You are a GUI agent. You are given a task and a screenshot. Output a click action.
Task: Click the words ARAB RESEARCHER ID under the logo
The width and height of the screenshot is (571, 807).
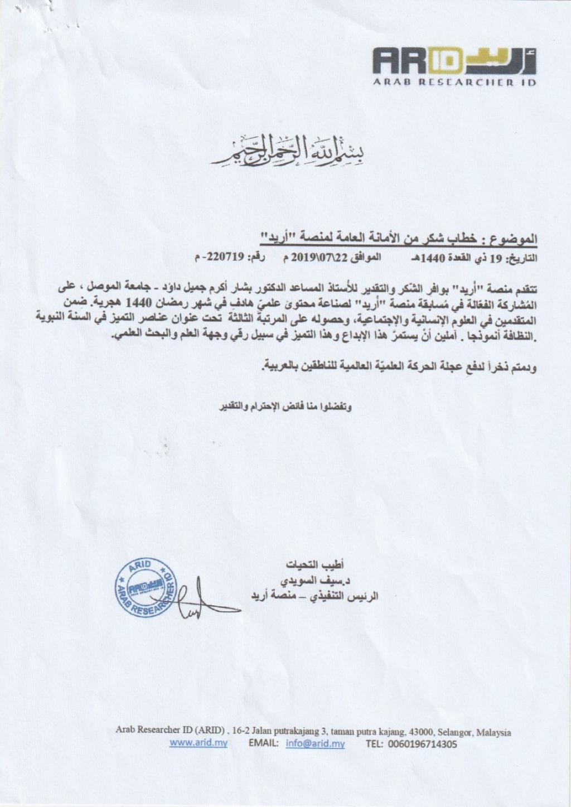pyautogui.click(x=454, y=83)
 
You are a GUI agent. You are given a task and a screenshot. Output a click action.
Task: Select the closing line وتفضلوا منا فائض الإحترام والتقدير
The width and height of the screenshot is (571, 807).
pyautogui.click(x=285, y=407)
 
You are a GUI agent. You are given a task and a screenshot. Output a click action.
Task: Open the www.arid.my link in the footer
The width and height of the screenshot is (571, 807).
pyautogui.click(x=198, y=743)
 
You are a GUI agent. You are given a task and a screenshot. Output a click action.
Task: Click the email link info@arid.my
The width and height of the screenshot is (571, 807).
pyautogui.click(x=316, y=743)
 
